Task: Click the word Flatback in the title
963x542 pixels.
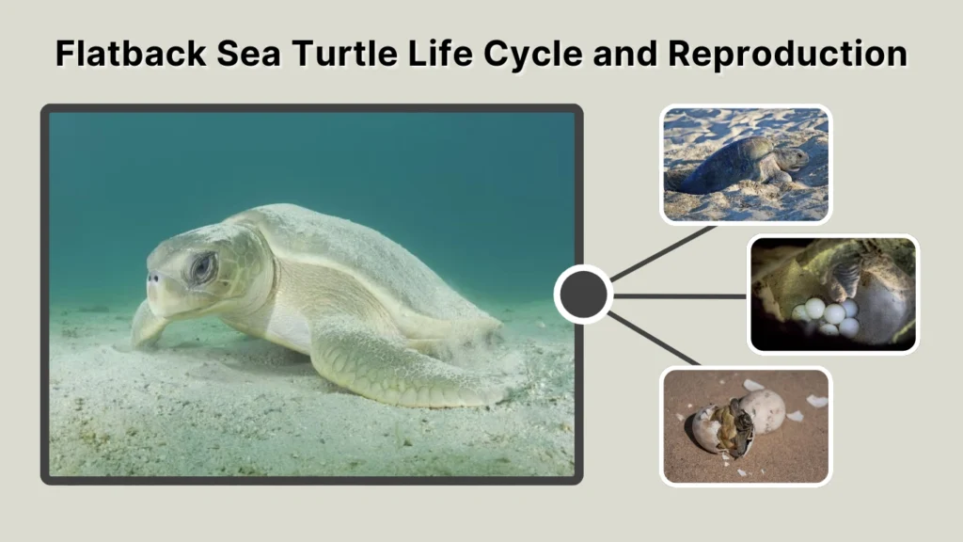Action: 130,54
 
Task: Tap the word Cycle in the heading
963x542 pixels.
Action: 541,54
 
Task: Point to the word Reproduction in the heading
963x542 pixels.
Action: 788,54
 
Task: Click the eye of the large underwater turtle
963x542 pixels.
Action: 202,269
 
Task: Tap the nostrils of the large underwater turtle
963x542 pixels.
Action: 152,278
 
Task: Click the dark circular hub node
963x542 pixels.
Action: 583,295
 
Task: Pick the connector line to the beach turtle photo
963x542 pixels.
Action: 663,252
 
